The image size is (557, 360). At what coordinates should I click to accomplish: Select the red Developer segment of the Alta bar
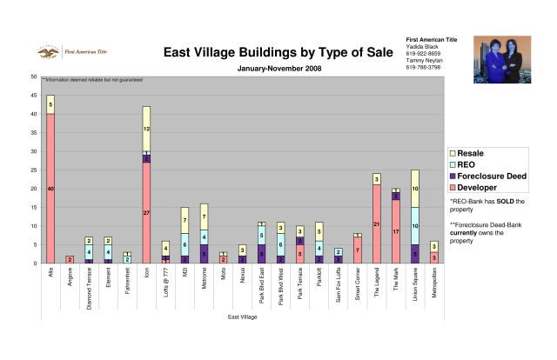50,188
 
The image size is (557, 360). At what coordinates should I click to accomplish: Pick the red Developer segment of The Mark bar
396,231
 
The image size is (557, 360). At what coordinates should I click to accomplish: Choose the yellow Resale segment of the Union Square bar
415,189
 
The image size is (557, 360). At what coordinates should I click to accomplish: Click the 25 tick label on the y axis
33,170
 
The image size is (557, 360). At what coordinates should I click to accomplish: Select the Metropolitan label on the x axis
433,287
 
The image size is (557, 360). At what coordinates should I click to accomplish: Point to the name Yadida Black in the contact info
425,48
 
